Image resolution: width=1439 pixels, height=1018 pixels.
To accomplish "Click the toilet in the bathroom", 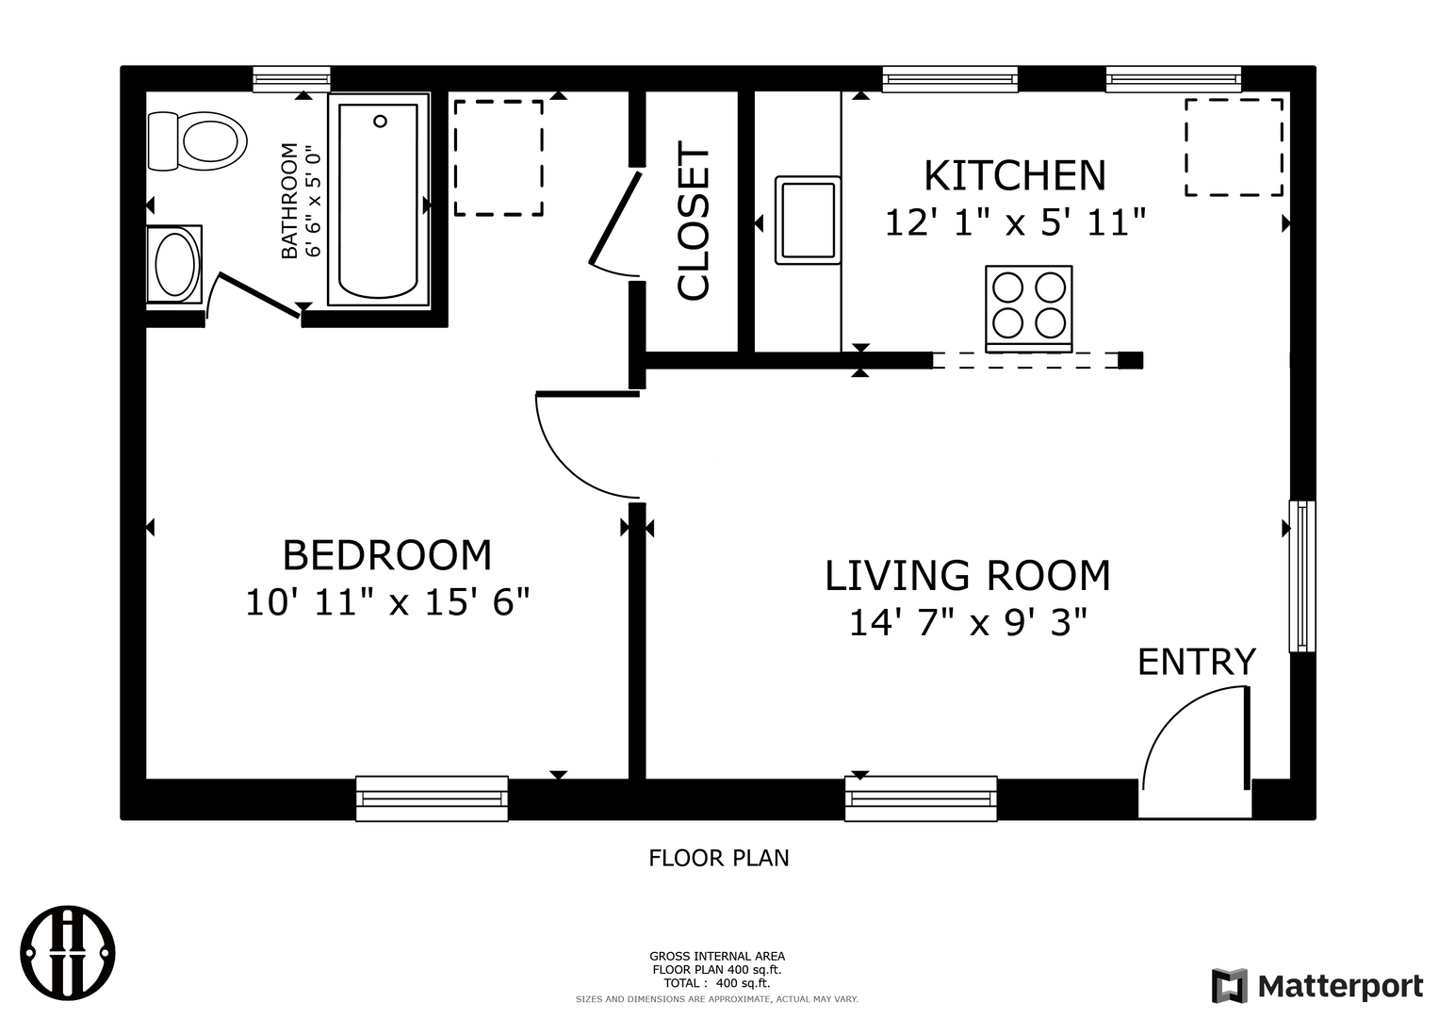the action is point(197,141).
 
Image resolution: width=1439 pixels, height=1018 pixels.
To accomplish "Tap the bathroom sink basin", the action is point(174,264).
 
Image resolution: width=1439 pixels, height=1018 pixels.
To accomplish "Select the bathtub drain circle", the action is point(381,121).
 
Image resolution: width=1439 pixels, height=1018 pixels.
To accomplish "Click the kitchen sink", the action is point(809,221).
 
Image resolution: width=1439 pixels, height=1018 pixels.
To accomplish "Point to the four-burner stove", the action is point(1028,308).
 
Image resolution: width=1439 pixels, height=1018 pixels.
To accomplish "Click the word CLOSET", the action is point(694,222).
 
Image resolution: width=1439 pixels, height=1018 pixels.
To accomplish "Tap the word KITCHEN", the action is point(1015,174).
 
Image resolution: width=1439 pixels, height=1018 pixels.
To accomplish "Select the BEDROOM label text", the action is point(387,554).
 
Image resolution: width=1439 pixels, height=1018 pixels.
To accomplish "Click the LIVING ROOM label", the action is point(968,575).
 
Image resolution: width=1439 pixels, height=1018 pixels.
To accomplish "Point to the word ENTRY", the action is point(1197,662).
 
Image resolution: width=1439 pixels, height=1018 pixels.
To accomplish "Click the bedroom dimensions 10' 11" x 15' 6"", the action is point(387,603).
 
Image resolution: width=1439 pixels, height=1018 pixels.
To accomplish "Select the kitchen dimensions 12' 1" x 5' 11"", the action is point(1016,223).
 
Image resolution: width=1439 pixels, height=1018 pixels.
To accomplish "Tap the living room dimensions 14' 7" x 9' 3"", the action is point(968,623).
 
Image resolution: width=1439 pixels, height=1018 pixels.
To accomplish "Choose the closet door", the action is point(614,219).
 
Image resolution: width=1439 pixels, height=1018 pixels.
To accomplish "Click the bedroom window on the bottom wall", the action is point(432,798).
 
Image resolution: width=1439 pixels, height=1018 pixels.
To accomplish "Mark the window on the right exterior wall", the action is point(1302,576).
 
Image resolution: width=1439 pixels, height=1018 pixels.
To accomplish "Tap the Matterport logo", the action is point(1317,985).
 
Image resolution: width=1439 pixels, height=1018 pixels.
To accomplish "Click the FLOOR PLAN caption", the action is point(719,858).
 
